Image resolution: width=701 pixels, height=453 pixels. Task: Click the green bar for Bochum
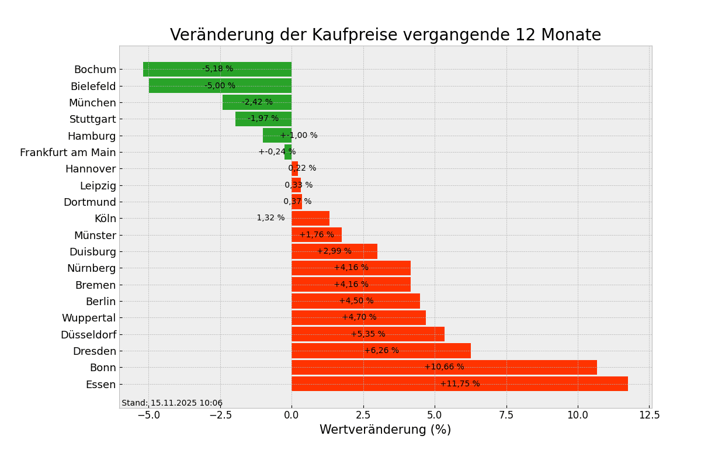[x=175, y=69]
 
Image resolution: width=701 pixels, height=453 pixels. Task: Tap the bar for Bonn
[x=362, y=367]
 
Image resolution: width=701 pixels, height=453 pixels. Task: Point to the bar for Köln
[x=310, y=219]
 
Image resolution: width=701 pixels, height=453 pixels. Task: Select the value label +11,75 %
[x=460, y=384]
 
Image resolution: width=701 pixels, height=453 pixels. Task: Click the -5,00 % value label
[x=220, y=86]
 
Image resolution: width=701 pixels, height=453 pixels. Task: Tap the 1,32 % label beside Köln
[x=270, y=218]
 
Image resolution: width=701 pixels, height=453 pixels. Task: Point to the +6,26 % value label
[x=381, y=351]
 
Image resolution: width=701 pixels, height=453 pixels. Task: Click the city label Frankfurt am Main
[x=68, y=153]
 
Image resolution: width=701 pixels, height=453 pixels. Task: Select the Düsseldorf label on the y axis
[x=88, y=335]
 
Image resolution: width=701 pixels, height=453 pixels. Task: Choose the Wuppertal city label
[x=89, y=318]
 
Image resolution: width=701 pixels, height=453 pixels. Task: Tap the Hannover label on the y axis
[x=91, y=169]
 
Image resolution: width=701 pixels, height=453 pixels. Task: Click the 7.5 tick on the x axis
[x=506, y=415]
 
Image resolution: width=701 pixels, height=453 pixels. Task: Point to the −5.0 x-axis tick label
[x=148, y=415]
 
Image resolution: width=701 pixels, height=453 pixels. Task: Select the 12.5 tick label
[x=649, y=415]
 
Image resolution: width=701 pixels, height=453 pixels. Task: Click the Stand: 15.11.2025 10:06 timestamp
[x=172, y=403]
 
